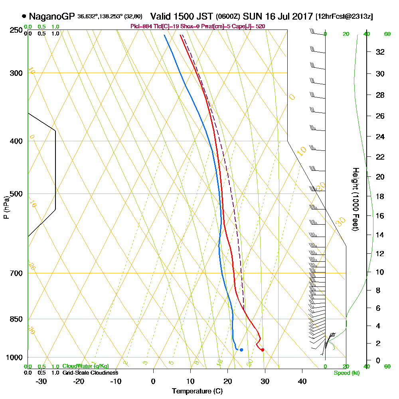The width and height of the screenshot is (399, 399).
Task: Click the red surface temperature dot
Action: [263, 350]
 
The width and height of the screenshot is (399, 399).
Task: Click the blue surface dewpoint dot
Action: [241, 350]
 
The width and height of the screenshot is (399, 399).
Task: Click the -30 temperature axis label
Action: [41, 381]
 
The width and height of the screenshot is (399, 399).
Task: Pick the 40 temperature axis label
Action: [302, 381]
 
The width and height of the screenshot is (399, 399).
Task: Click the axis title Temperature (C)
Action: [197, 391]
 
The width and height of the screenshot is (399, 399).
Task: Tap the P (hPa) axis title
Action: [6, 207]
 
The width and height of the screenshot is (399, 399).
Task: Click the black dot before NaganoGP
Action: [24, 17]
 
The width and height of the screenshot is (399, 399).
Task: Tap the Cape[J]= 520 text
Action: [251, 26]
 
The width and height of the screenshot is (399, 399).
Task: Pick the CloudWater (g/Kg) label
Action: [85, 366]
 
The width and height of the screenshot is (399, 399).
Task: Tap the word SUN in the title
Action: [251, 17]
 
